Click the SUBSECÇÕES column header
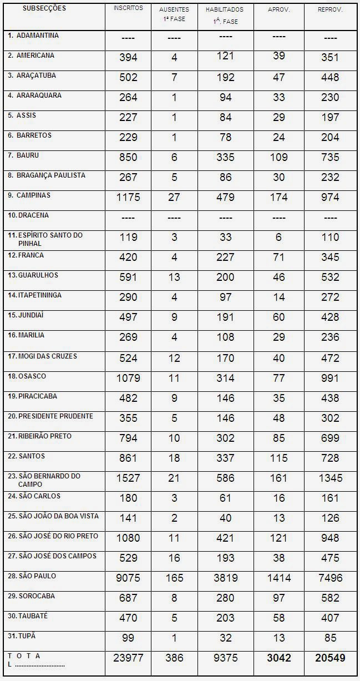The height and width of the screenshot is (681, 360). [x=44, y=8]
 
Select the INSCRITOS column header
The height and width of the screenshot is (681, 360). [x=128, y=8]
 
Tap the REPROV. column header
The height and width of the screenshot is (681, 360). [x=330, y=10]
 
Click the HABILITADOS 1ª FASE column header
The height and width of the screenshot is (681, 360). [x=225, y=16]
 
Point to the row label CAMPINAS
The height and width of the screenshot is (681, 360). [x=33, y=195]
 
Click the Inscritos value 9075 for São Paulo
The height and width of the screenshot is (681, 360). [x=128, y=578]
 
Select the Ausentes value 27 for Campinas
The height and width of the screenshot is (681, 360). [x=174, y=197]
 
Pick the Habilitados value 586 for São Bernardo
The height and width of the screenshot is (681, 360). [x=225, y=478]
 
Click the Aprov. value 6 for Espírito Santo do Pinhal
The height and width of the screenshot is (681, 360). [x=278, y=237]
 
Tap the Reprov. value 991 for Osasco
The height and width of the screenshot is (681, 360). [x=330, y=378]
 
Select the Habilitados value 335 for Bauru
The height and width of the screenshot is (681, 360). [x=225, y=157]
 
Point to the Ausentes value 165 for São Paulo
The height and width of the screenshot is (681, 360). [x=174, y=578]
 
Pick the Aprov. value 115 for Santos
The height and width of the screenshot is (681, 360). [x=278, y=458]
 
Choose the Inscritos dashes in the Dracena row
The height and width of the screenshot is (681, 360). [x=128, y=217]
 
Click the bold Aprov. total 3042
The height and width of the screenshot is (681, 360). [x=278, y=658]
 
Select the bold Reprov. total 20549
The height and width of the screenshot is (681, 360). [x=330, y=658]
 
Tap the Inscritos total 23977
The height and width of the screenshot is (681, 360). [x=128, y=658]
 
